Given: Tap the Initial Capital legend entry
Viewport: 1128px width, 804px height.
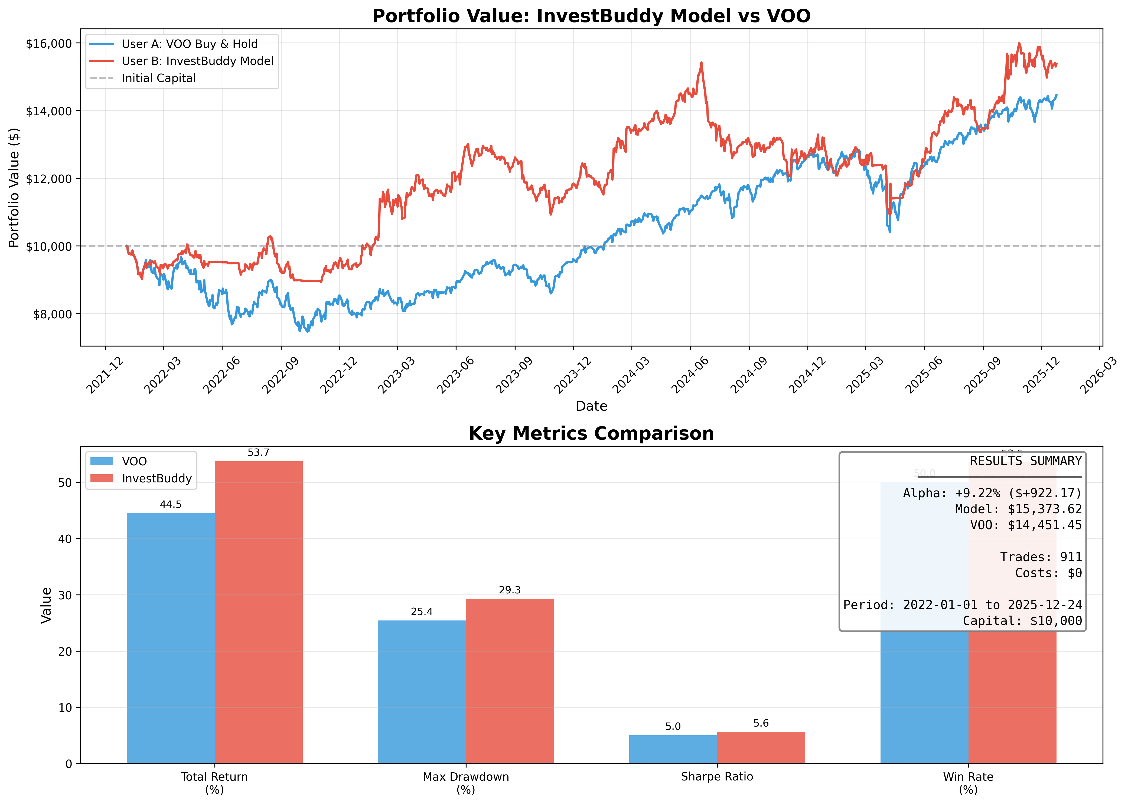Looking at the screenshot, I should coord(158,78).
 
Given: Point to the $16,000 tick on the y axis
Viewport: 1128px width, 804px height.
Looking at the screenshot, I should coord(48,44).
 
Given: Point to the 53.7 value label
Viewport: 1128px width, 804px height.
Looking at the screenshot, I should coord(259,453).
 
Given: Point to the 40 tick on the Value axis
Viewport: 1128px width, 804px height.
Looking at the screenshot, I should coord(65,539).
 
